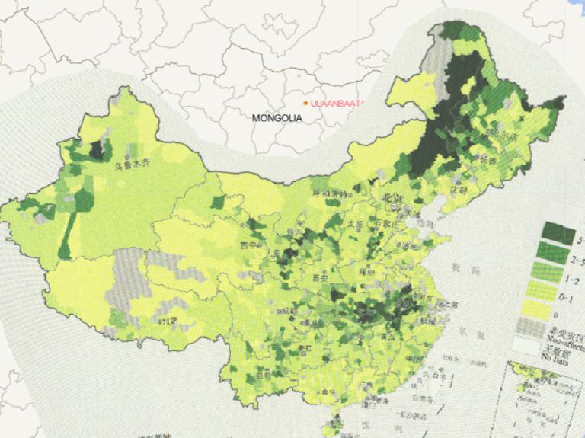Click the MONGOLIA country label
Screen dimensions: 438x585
click(277, 118)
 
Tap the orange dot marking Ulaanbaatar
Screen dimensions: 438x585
click(305, 103)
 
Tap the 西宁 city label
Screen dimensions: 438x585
click(247, 245)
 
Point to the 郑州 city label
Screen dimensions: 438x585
click(371, 270)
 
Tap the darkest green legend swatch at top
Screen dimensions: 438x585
click(558, 232)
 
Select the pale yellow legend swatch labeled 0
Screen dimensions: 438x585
click(558, 309)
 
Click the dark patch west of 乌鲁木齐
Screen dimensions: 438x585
click(97, 150)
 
